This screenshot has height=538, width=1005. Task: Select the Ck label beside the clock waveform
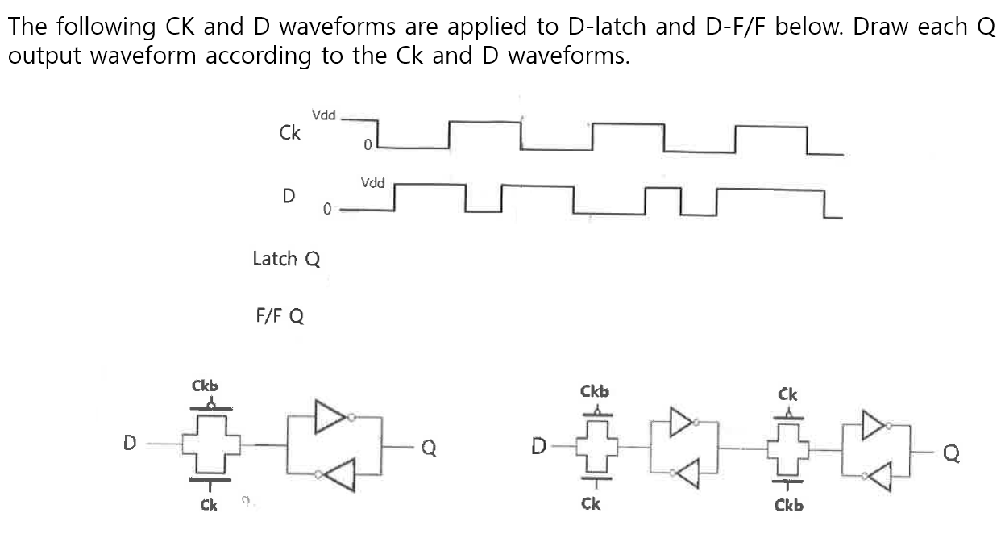[289, 133]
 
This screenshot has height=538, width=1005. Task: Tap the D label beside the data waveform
[288, 195]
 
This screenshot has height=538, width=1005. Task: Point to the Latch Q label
[286, 259]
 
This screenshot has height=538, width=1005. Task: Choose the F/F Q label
[280, 315]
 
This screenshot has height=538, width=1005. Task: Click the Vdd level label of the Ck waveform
[323, 116]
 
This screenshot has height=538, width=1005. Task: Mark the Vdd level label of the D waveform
[372, 183]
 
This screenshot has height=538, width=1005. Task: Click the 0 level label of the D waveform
[326, 210]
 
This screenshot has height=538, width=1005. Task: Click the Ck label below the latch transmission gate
[208, 505]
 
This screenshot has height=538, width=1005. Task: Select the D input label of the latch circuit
[129, 443]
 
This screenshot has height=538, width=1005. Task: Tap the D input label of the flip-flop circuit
[540, 445]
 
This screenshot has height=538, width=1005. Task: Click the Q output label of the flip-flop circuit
[951, 455]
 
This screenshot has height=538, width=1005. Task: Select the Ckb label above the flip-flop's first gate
[595, 391]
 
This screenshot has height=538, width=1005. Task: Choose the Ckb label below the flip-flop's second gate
[788, 506]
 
